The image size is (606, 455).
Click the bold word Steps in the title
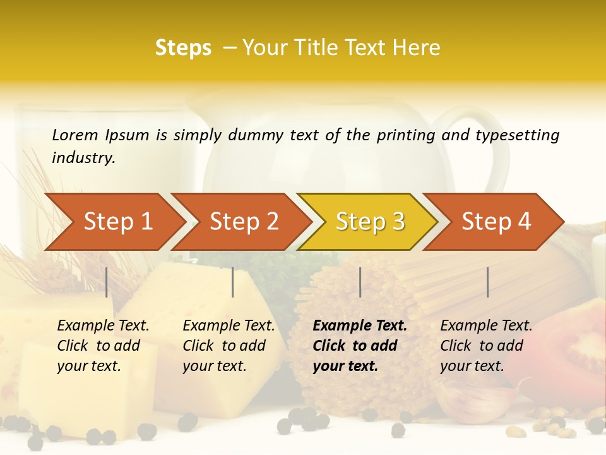click(183, 48)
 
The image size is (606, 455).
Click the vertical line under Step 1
click(107, 282)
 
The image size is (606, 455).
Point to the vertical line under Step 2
click(233, 282)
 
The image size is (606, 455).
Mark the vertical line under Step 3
click(360, 282)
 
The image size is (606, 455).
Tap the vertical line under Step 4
click(487, 282)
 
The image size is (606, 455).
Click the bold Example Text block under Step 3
click(360, 346)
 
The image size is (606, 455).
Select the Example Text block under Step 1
click(103, 346)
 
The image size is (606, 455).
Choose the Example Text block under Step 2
click(229, 346)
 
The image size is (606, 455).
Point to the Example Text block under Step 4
click(486, 346)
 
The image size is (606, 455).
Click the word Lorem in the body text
click(74, 135)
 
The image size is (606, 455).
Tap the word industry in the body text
click(83, 158)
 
